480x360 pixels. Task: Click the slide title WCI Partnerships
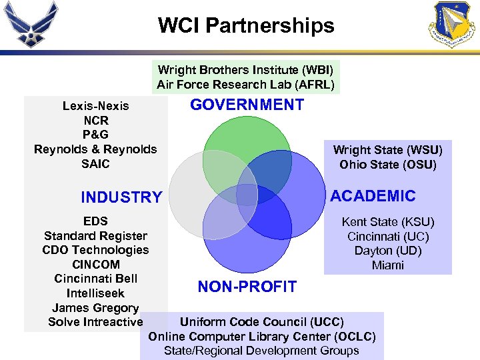pyautogui.click(x=246, y=26)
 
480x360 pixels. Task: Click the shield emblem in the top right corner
pyautogui.click(x=453, y=25)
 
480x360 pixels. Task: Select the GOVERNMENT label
pyautogui.click(x=247, y=105)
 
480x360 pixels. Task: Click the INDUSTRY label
pyautogui.click(x=121, y=197)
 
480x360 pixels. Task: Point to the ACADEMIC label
pyautogui.click(x=373, y=196)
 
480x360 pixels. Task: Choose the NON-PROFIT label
pyautogui.click(x=247, y=287)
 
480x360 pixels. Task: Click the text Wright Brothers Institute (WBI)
pyautogui.click(x=245, y=70)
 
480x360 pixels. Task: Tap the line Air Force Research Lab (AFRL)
pyautogui.click(x=245, y=85)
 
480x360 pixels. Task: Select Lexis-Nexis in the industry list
pyautogui.click(x=96, y=106)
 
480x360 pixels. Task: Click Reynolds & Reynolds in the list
pyautogui.click(x=95, y=149)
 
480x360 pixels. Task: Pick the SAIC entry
pyautogui.click(x=96, y=164)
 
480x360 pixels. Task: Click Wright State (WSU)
pyautogui.click(x=387, y=150)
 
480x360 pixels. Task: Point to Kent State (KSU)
pyautogui.click(x=388, y=222)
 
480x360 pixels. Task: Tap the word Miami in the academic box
pyautogui.click(x=388, y=265)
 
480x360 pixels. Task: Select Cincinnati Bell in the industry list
pyautogui.click(x=95, y=279)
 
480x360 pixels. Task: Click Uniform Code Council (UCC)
pyautogui.click(x=262, y=321)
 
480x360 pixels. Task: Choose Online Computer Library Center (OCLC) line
pyautogui.click(x=262, y=336)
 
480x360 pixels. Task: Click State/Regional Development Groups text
pyautogui.click(x=262, y=351)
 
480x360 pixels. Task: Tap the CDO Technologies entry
pyautogui.click(x=95, y=250)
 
